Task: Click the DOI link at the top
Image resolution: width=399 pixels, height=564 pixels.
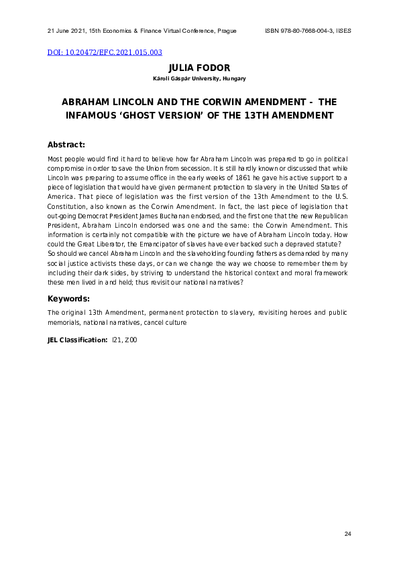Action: (104, 52)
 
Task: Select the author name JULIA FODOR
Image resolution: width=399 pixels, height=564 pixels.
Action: (199, 68)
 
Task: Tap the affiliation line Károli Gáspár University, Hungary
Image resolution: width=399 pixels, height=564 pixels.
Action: (199, 79)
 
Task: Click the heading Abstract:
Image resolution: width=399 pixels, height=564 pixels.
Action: (66, 145)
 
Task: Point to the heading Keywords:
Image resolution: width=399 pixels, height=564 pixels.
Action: (68, 298)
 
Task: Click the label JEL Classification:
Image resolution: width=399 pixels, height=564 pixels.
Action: (77, 340)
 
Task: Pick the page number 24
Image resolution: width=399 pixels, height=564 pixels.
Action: (347, 533)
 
